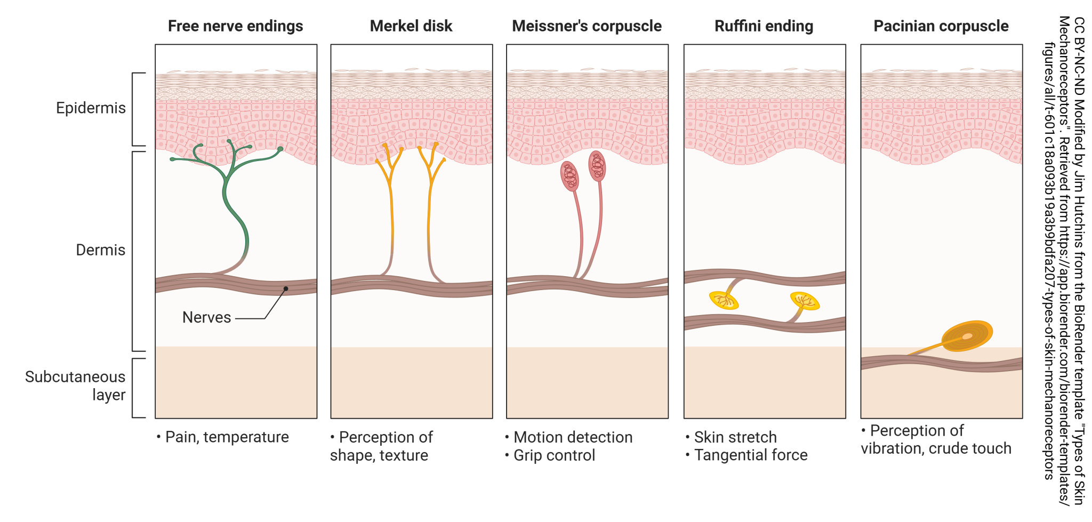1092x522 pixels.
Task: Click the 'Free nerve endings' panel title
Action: pos(235,26)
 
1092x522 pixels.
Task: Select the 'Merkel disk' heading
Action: pos(411,26)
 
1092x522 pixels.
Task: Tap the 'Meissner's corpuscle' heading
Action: pos(587,26)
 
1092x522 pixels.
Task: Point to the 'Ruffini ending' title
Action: pos(764,26)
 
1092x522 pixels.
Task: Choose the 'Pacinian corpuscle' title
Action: pos(941,26)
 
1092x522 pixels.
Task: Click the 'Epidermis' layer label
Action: pos(91,108)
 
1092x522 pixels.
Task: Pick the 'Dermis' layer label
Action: pos(100,250)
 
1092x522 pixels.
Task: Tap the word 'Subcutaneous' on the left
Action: pos(75,377)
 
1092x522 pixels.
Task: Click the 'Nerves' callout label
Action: pos(206,318)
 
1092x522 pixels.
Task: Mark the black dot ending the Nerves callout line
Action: pos(286,289)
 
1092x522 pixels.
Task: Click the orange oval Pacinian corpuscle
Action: pos(967,336)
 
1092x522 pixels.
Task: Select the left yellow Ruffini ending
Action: pos(724,300)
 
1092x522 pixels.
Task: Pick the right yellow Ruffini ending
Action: pos(805,301)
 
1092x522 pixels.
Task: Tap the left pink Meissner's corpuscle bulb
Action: pos(570,176)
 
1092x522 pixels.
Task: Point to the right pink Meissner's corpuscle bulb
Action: pos(597,166)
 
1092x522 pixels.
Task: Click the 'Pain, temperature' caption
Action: pos(227,437)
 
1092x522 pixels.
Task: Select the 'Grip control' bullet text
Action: pos(554,455)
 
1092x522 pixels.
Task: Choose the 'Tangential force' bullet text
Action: pos(751,455)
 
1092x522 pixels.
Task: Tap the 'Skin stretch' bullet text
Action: pos(735,437)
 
